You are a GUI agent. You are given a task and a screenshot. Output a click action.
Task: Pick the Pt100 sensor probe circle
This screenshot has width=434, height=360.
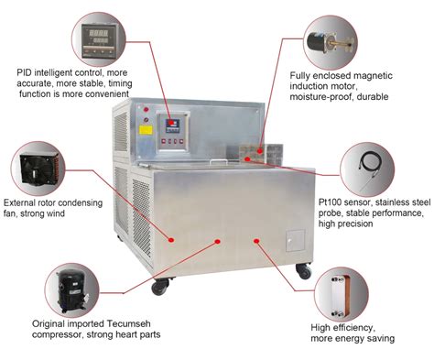coord(371,169)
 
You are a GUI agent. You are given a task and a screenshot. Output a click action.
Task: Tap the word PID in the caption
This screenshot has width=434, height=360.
coord(26,71)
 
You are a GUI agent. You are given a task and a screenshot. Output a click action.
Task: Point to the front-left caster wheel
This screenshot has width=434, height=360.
coord(159,285)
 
